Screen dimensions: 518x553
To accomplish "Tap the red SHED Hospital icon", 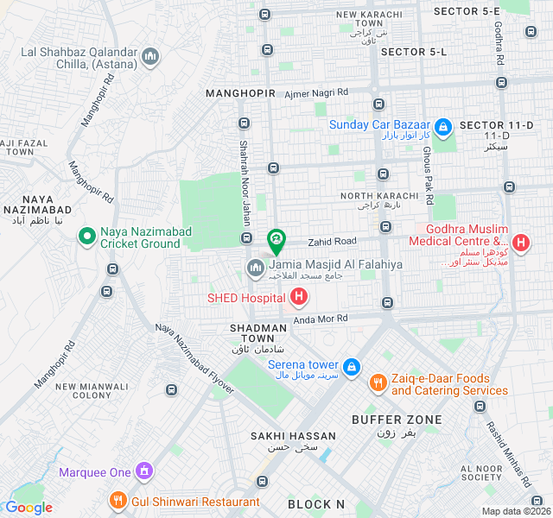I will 298,298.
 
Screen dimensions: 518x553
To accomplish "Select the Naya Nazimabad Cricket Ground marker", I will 86,235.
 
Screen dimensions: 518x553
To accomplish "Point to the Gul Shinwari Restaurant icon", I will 118,501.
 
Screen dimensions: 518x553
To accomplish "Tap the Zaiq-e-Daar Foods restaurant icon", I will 377,382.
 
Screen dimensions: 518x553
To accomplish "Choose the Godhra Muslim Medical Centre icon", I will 520,243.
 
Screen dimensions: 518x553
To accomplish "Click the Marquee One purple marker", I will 144,471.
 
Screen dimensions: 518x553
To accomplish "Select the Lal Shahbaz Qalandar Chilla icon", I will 151,58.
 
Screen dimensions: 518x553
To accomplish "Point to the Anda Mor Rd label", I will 321,319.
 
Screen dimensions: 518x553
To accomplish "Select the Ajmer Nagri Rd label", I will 316,92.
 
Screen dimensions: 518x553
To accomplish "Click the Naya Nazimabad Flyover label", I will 194,358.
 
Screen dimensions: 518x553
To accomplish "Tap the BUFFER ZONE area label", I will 397,420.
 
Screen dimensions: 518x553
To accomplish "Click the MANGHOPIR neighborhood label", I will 240,92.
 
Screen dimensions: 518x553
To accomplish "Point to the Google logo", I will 29,508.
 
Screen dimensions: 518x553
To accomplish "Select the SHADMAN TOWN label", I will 257,328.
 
